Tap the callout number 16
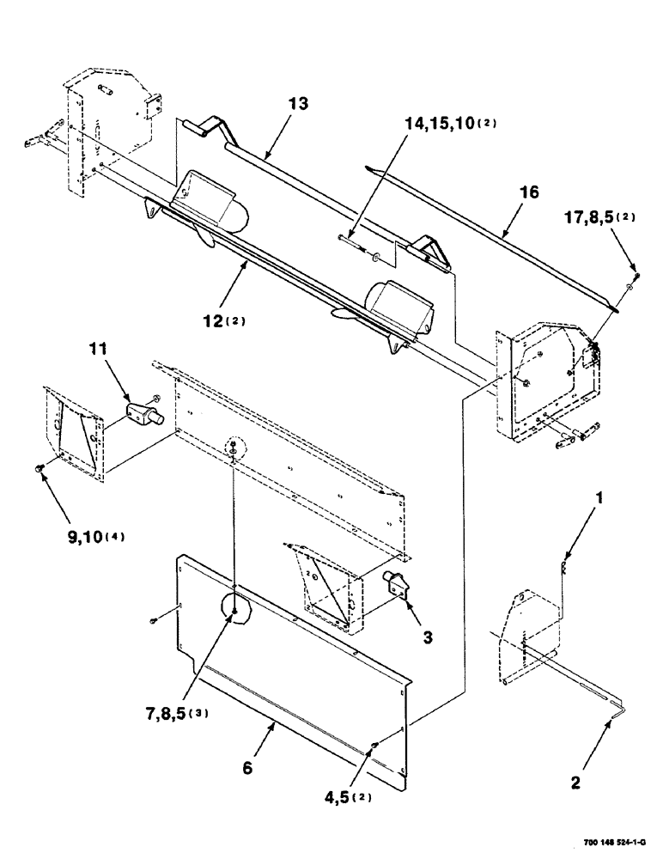pos(530,193)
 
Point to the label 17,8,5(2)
pos(599,217)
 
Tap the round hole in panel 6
pos(234,608)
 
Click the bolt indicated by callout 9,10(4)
pos(40,467)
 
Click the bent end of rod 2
pos(621,710)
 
